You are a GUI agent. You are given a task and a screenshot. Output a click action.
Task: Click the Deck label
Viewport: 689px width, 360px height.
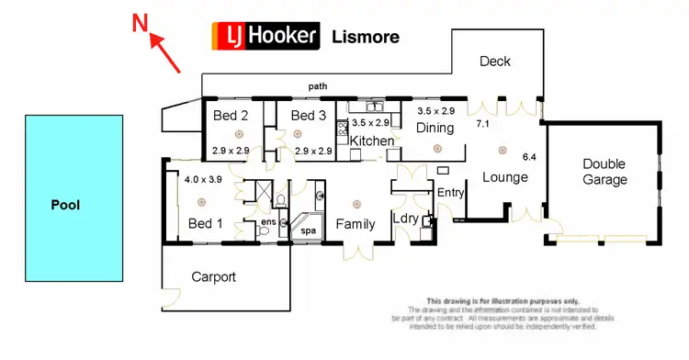click(495, 62)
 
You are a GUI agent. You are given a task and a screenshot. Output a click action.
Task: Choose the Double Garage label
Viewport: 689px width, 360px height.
click(604, 172)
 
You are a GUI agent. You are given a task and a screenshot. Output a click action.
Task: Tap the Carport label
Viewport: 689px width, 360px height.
click(214, 276)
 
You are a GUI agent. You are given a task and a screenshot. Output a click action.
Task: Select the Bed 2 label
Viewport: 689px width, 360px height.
click(231, 116)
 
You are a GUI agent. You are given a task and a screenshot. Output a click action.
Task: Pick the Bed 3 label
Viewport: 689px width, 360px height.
click(309, 116)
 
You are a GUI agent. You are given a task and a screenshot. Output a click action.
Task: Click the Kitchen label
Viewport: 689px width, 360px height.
click(372, 141)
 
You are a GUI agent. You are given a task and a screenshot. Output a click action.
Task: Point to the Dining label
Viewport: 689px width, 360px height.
click(435, 128)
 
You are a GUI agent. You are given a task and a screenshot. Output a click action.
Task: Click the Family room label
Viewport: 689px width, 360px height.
click(355, 224)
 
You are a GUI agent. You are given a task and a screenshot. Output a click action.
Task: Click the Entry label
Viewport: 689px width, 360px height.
click(451, 193)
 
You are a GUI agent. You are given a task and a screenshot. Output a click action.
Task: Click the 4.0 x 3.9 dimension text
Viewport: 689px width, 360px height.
click(203, 180)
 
